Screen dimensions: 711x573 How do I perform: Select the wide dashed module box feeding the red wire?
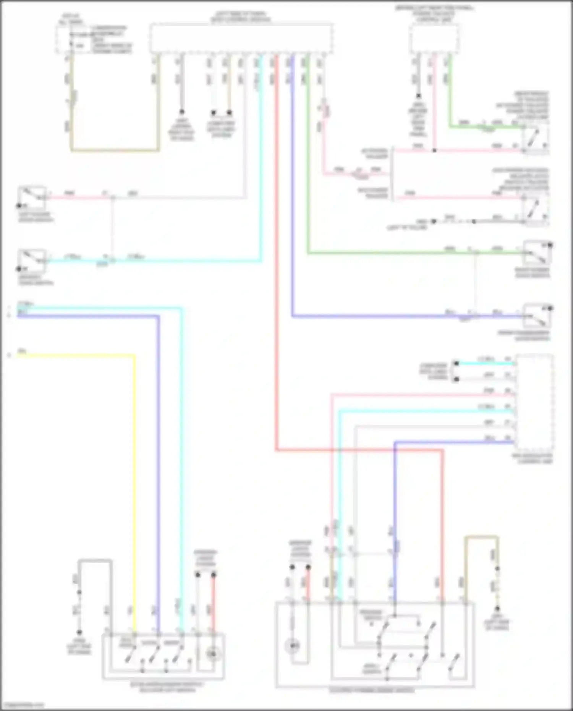click(241, 38)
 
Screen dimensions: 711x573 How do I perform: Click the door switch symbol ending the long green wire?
click(537, 252)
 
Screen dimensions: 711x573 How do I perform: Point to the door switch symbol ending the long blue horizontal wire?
click(537, 316)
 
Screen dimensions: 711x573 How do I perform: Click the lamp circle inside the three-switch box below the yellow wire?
click(213, 654)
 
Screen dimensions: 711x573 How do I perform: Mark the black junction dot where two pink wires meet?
click(434, 151)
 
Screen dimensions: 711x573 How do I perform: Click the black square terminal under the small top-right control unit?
click(419, 96)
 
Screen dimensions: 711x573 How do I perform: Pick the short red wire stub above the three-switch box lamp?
click(214, 604)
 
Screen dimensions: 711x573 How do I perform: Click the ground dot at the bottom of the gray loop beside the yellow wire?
click(79, 632)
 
